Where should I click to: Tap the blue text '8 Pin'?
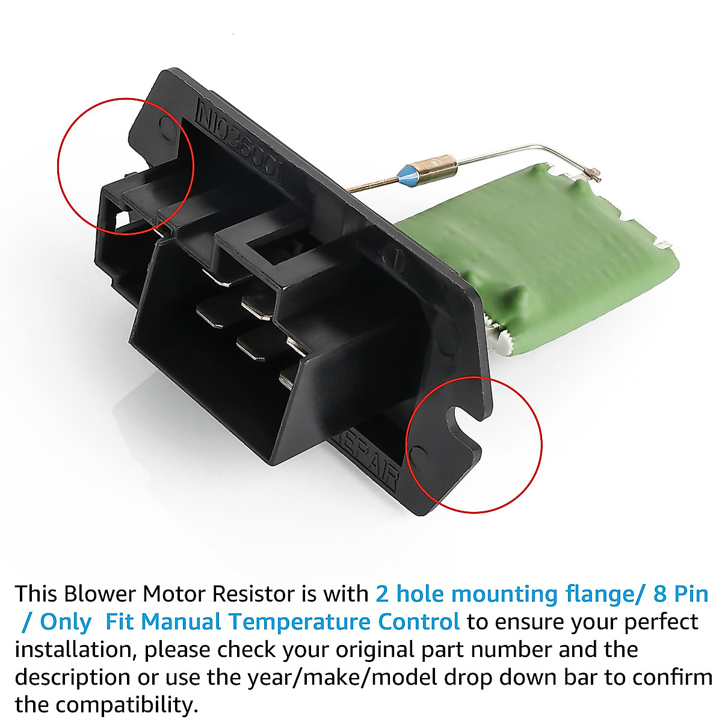[x=680, y=594]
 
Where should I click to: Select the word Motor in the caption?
[x=175, y=594]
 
